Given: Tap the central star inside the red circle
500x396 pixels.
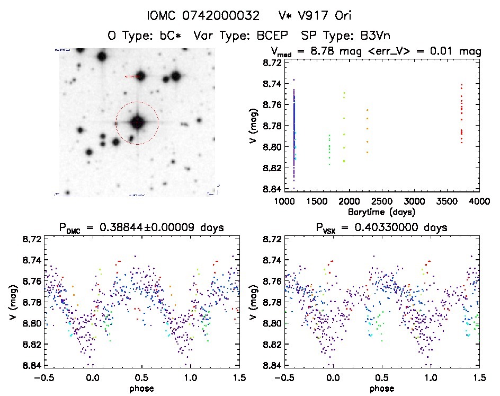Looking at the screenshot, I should coord(137,122).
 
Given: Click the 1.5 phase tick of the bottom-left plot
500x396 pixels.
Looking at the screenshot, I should coord(239,377).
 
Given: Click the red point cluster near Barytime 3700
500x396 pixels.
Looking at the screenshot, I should coord(461,114).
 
